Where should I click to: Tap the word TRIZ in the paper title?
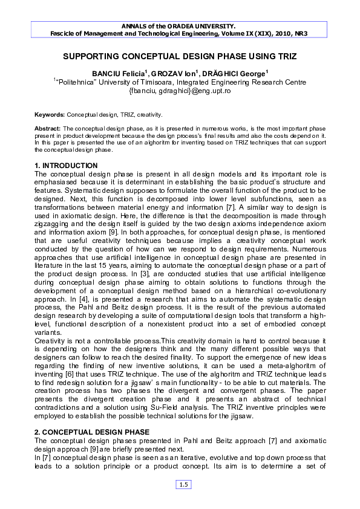[x=286, y=56]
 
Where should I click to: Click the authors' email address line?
[x=180, y=91]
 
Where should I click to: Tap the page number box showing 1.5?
[x=183, y=484]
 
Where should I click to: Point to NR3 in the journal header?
[x=298, y=33]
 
